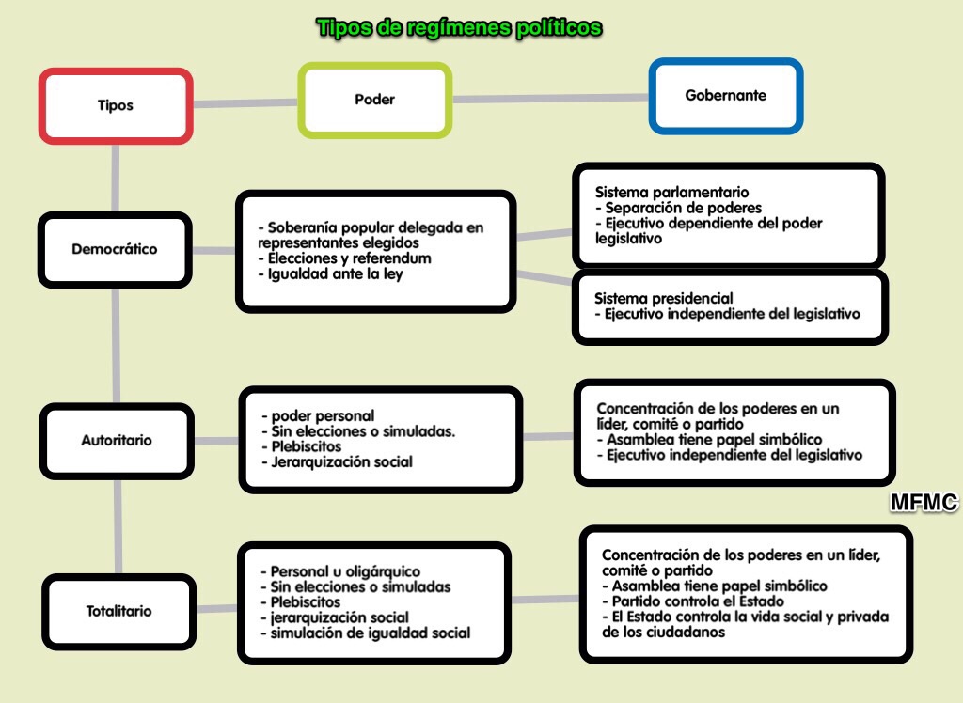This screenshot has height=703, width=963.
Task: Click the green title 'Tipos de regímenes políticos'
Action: click(459, 27)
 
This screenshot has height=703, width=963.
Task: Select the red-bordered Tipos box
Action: click(116, 105)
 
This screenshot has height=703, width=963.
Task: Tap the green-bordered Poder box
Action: click(374, 100)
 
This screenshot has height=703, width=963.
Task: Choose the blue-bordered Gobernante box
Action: click(726, 96)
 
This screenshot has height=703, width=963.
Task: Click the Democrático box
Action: click(115, 249)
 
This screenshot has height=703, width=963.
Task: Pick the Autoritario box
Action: click(117, 440)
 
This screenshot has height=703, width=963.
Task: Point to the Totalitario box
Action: click(118, 612)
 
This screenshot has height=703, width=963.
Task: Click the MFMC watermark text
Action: click(924, 502)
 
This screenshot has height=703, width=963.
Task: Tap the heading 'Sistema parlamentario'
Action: click(671, 192)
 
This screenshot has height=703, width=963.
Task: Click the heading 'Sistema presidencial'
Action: click(664, 298)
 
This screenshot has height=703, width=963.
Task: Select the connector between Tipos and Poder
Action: click(245, 103)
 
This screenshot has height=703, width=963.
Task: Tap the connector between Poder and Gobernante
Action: click(551, 99)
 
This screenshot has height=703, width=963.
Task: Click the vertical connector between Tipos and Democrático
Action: click(116, 178)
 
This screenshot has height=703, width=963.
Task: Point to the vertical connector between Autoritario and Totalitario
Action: click(118, 527)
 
